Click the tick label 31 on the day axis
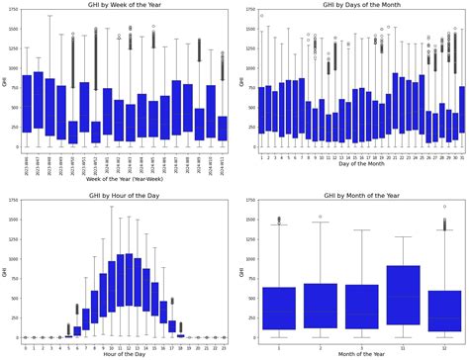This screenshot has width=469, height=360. coord(462,155)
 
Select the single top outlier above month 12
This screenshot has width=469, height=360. coord(444,208)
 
